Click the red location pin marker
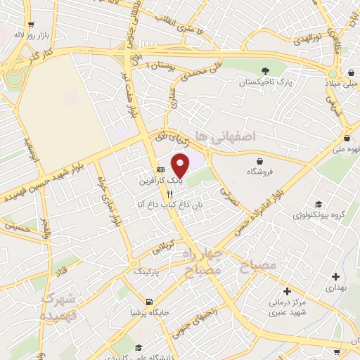(181, 166)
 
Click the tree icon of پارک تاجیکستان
(265, 70)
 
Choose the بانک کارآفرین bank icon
(161, 169)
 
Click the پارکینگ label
(147, 270)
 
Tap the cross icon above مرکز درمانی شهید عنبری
(287, 290)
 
